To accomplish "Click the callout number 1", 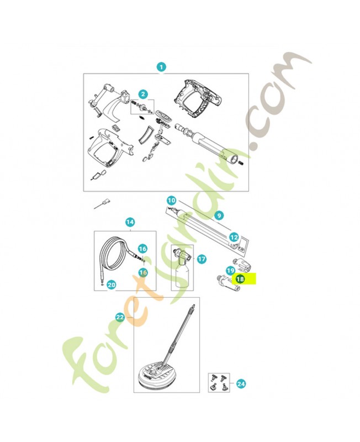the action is (x=161, y=67).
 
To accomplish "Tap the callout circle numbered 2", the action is (x=143, y=94).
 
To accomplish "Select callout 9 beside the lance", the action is (x=219, y=215).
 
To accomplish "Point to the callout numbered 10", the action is (x=171, y=201).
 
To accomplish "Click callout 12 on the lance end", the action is (x=234, y=238).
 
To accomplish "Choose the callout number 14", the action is (x=130, y=222).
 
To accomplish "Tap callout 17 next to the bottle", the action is (x=202, y=259).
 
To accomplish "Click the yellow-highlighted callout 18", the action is (x=240, y=279).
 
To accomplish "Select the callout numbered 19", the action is (x=231, y=271).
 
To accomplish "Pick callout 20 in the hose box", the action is (x=112, y=285).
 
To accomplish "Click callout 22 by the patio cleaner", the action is (x=120, y=317).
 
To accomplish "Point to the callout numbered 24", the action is (x=241, y=383).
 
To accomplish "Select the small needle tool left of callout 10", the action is (x=102, y=204).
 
